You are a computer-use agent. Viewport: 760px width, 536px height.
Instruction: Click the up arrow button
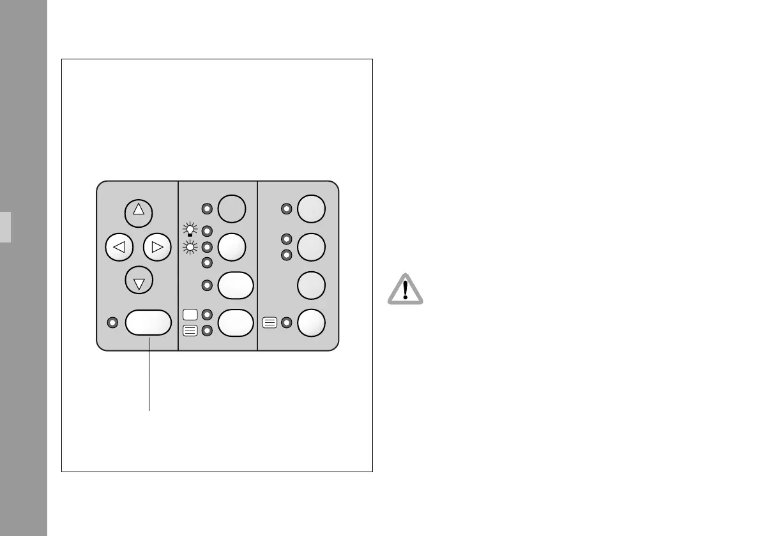point(139,213)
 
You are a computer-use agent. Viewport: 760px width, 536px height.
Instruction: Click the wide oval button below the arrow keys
point(149,323)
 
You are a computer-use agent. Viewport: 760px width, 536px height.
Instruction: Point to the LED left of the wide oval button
point(113,323)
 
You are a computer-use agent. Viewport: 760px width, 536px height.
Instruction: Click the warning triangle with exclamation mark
point(406,290)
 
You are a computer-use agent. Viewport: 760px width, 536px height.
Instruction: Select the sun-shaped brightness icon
point(189,246)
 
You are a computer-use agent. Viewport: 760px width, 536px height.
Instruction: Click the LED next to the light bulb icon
point(206,230)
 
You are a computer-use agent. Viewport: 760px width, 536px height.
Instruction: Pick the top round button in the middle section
point(231,208)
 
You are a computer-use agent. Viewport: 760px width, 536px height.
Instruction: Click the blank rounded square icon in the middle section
point(190,314)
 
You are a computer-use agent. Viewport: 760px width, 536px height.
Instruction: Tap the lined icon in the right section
point(270,323)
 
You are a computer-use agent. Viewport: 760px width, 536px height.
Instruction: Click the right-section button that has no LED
point(312,285)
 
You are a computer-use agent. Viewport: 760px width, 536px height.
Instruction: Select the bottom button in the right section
point(312,323)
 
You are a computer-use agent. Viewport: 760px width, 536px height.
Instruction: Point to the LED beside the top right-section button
point(287,208)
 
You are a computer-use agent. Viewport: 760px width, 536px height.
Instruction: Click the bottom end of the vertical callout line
point(149,410)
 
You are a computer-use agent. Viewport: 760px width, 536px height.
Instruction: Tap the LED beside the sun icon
point(206,246)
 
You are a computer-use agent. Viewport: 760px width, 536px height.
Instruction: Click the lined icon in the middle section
point(190,331)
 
